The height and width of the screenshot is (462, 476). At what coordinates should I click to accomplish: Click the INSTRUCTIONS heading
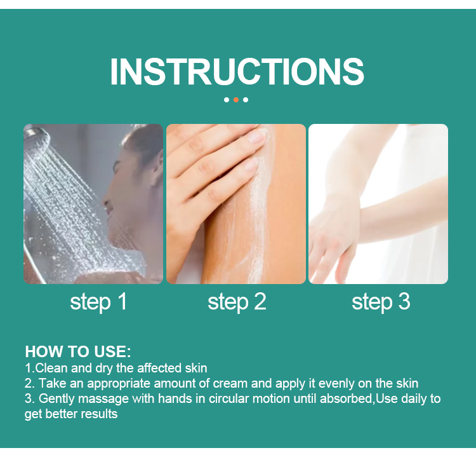coord(237,72)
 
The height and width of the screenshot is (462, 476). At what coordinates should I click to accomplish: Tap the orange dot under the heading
coord(236,100)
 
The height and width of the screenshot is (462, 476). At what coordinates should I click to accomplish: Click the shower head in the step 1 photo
coord(36,137)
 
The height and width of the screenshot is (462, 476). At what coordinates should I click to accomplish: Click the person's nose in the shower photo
coord(106,201)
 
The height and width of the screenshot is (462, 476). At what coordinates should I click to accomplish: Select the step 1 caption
coord(98,302)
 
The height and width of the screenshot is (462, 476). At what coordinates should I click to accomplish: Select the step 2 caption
coord(237,302)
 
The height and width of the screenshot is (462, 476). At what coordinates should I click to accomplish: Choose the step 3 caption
coord(381,302)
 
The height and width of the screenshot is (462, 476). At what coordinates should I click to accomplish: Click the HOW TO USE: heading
coord(78,351)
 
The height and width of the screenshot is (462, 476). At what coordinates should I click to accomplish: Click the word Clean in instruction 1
coord(51,368)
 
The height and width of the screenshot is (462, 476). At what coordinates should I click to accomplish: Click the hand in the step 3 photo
coord(333,240)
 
